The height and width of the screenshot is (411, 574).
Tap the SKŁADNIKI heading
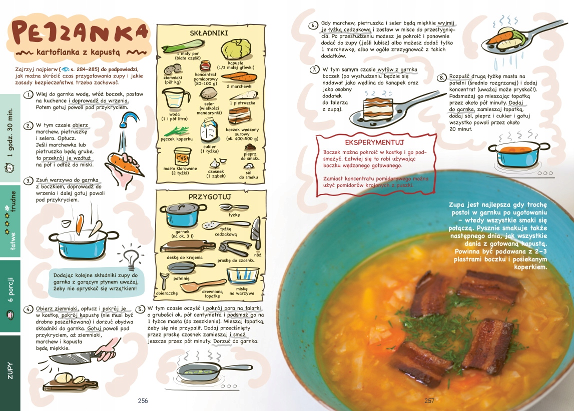click(x=209, y=33)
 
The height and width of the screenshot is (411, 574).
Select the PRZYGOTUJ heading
click(x=210, y=196)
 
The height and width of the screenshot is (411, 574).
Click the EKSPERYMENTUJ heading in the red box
click(x=374, y=142)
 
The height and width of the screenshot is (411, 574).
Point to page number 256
click(x=143, y=401)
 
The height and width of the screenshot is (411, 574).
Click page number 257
click(x=429, y=401)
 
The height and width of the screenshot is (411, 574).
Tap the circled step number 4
click(x=29, y=309)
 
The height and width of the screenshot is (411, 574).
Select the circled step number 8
click(x=442, y=77)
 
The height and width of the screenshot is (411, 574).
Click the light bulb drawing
click(x=130, y=256)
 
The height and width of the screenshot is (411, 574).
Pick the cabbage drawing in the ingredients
click(x=236, y=49)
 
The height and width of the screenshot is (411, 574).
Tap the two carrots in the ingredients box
click(x=239, y=77)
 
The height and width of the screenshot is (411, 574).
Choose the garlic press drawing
click(x=234, y=248)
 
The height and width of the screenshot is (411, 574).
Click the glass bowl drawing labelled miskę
click(x=242, y=276)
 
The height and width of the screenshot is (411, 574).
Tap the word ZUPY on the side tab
click(x=10, y=370)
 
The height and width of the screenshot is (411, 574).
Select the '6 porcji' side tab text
click(x=11, y=289)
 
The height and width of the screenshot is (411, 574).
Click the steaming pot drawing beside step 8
click(x=517, y=153)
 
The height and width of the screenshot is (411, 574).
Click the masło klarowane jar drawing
click(x=182, y=156)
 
